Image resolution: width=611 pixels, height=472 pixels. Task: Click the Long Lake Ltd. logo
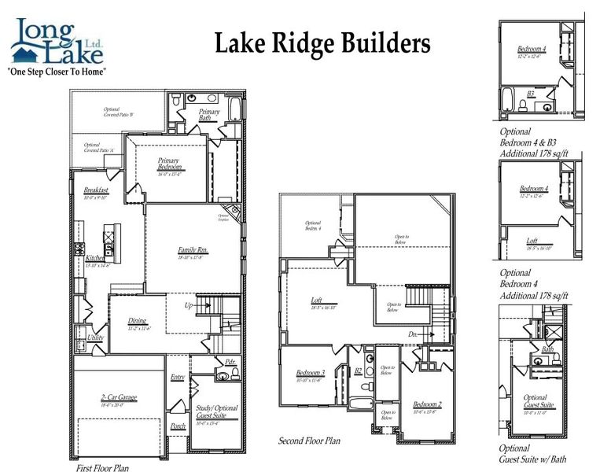(56, 43)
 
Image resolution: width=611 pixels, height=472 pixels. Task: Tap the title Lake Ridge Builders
(322, 44)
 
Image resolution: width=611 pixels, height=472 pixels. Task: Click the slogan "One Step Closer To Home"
(56, 71)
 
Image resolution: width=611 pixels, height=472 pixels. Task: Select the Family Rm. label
(191, 250)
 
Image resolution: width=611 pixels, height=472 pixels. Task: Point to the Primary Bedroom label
(170, 164)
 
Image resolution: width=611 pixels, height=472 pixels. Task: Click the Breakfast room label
(96, 190)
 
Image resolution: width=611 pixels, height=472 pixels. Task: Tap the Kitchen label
(95, 258)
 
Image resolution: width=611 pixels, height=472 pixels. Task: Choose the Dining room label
(138, 320)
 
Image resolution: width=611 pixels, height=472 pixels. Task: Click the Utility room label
(95, 337)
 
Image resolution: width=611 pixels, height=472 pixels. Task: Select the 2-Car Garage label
(118, 397)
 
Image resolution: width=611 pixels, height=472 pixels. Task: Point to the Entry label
(178, 378)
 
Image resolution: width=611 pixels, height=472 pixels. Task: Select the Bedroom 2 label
(427, 404)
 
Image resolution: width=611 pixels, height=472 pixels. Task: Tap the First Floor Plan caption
(102, 467)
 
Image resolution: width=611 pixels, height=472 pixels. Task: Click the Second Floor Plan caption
(310, 441)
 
